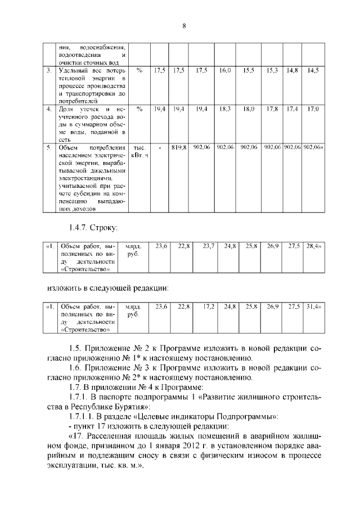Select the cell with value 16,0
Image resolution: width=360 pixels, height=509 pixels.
225,71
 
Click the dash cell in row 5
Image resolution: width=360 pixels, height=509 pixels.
160,147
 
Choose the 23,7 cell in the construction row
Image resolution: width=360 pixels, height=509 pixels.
209,246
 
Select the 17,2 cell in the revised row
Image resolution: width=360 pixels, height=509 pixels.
209,307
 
